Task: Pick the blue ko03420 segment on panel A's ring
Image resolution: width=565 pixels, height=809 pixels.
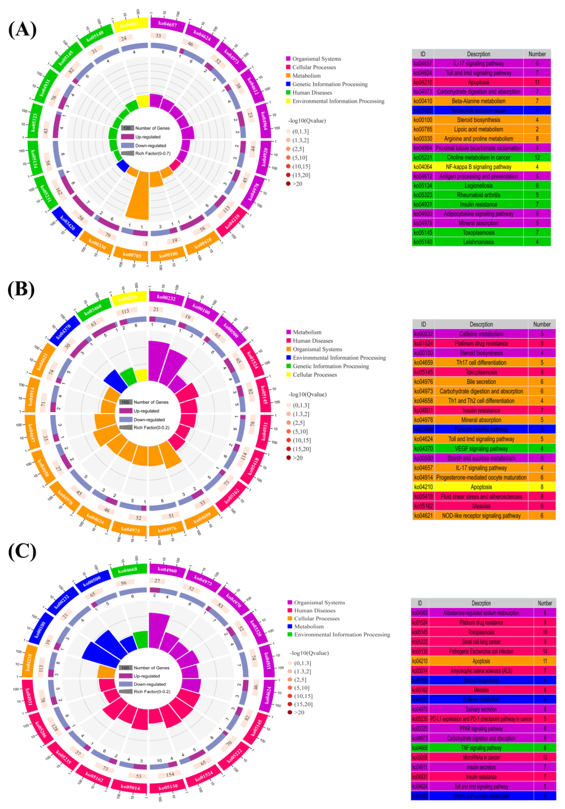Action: [67, 222]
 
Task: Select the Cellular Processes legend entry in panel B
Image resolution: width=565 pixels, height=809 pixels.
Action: [315, 375]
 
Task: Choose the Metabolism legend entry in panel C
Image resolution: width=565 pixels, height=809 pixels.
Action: [309, 626]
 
